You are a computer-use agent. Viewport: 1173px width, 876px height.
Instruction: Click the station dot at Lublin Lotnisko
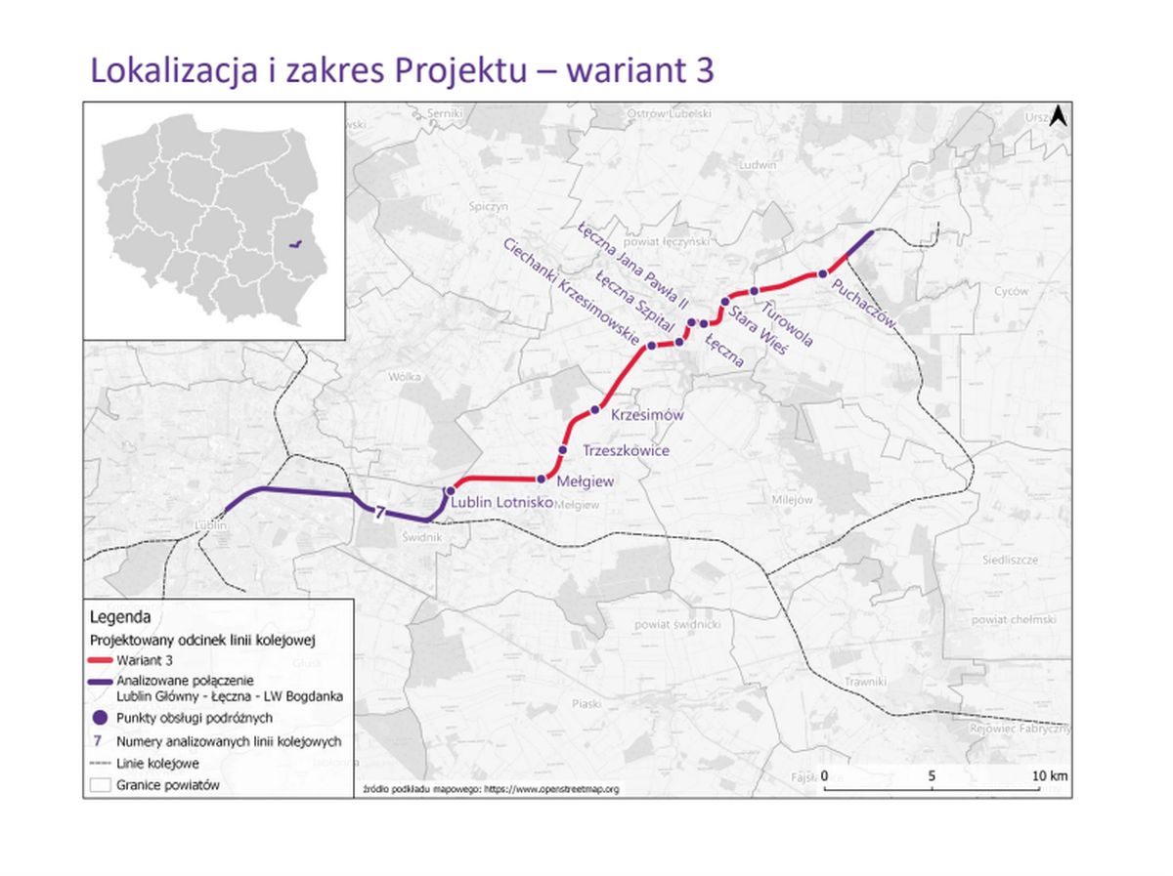tap(450, 490)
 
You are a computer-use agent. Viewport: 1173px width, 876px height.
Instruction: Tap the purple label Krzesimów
tap(646, 415)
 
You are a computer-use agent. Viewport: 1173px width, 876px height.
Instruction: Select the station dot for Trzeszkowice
tap(562, 449)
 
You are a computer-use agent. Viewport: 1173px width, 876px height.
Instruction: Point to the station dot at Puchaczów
tap(823, 273)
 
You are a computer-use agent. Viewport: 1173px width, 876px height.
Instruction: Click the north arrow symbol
tap(1057, 117)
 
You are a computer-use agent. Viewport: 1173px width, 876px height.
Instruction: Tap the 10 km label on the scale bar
tap(1049, 775)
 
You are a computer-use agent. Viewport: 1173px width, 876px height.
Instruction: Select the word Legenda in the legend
tap(119, 618)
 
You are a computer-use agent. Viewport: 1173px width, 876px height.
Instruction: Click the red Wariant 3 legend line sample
tap(99, 661)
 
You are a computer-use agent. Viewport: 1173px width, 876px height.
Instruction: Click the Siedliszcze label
tap(1010, 560)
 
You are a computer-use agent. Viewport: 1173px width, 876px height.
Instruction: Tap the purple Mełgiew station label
tap(585, 481)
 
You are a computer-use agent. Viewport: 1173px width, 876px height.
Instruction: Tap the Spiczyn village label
tap(489, 207)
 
